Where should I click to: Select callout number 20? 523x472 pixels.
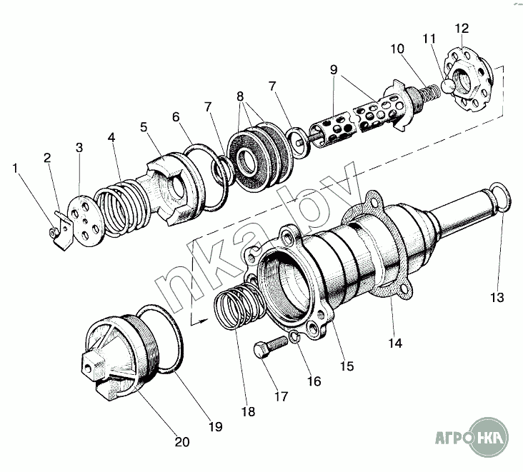pos(182,442)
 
